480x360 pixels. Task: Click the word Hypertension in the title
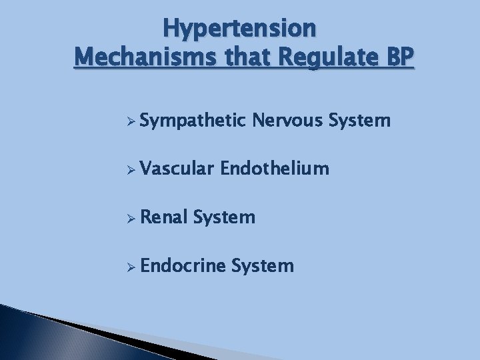[x=239, y=29]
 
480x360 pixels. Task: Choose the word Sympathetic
[x=194, y=121]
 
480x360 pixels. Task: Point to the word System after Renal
[x=226, y=217]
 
